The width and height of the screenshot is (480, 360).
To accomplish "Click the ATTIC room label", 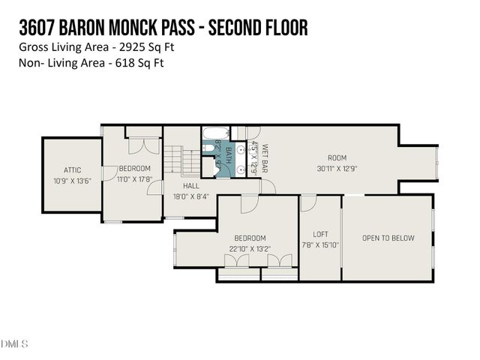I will click(x=73, y=170).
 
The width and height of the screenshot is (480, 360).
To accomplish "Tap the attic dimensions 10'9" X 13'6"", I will click(x=73, y=181).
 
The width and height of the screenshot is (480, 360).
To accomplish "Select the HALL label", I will click(x=191, y=185).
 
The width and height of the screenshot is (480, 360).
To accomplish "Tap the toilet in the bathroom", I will click(x=217, y=169).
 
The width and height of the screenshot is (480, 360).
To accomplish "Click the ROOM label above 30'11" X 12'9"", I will click(x=337, y=157).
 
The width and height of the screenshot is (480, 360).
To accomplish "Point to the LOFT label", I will click(x=319, y=234).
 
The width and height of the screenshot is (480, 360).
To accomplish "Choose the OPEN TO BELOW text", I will click(x=388, y=238).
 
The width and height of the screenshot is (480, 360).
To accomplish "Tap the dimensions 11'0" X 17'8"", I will click(x=135, y=178).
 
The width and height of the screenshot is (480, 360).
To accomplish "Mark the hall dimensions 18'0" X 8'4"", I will click(x=191, y=196).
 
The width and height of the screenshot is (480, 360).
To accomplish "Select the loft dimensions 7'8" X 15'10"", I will click(x=320, y=244).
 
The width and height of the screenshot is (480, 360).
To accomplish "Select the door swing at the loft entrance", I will click(x=308, y=202).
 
